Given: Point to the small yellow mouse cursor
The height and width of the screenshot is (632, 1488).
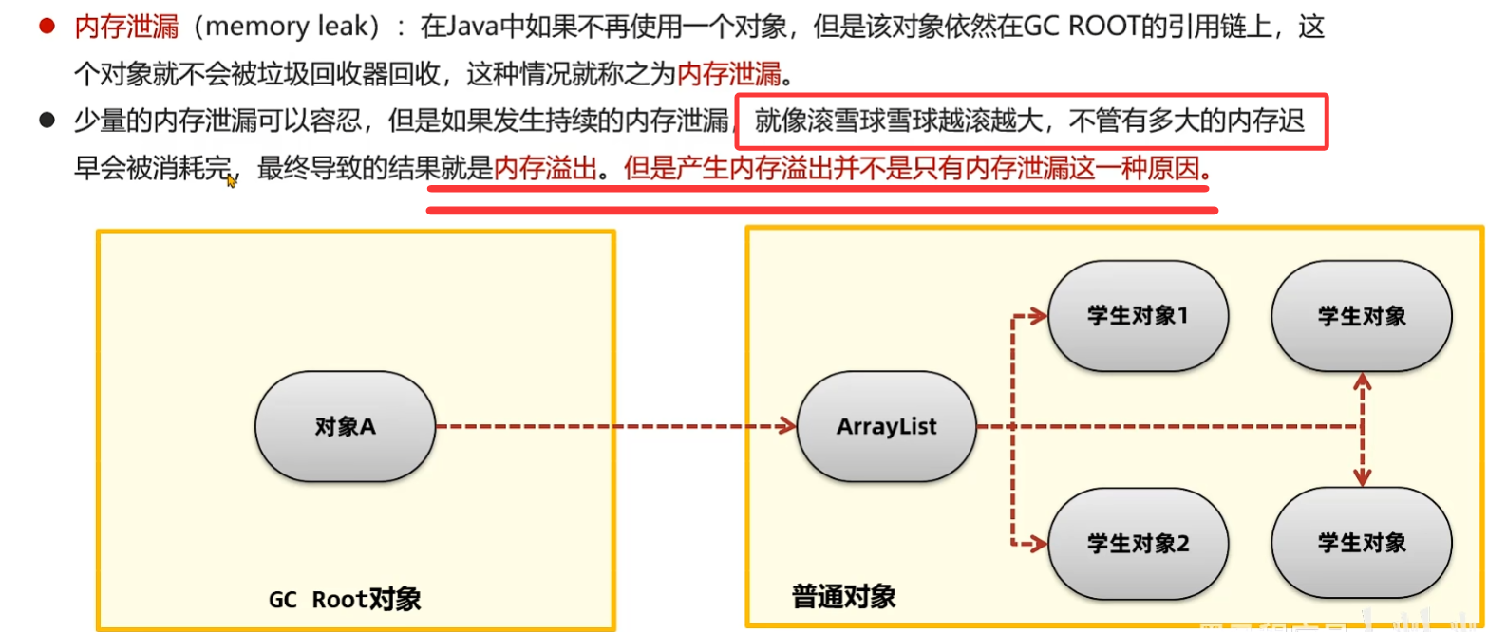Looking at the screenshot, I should pyautogui.click(x=231, y=180).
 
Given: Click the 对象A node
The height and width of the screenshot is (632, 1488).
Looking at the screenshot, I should pyautogui.click(x=346, y=427).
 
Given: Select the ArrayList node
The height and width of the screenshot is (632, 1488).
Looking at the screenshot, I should pyautogui.click(x=886, y=427).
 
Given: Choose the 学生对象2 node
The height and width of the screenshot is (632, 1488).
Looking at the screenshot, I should pyautogui.click(x=1138, y=544).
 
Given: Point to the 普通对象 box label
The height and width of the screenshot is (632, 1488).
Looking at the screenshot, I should pyautogui.click(x=843, y=597).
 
